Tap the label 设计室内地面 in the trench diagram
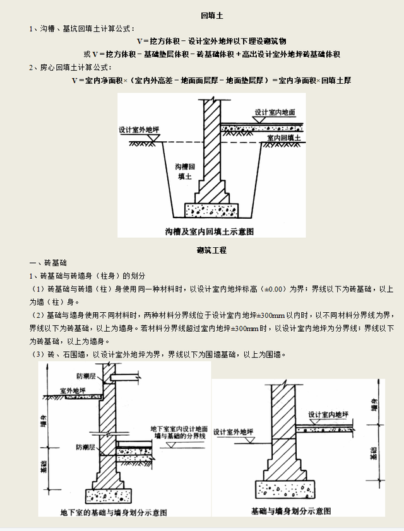coord(275,112)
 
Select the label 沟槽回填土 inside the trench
coord(183,172)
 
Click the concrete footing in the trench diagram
coord(211,209)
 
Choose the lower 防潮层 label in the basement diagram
coord(85,446)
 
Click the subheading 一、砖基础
coord(48,262)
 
